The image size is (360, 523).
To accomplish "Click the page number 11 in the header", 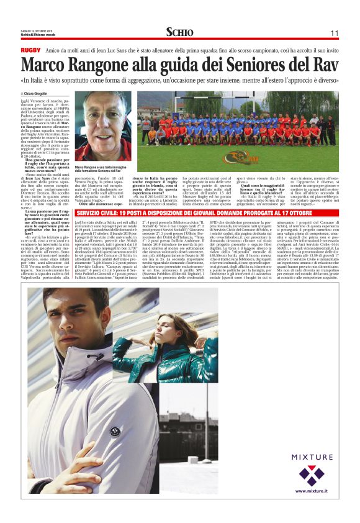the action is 335,33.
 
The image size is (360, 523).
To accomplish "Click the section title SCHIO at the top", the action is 179,32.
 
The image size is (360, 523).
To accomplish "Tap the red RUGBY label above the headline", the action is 30,50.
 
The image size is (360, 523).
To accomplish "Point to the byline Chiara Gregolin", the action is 39,93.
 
